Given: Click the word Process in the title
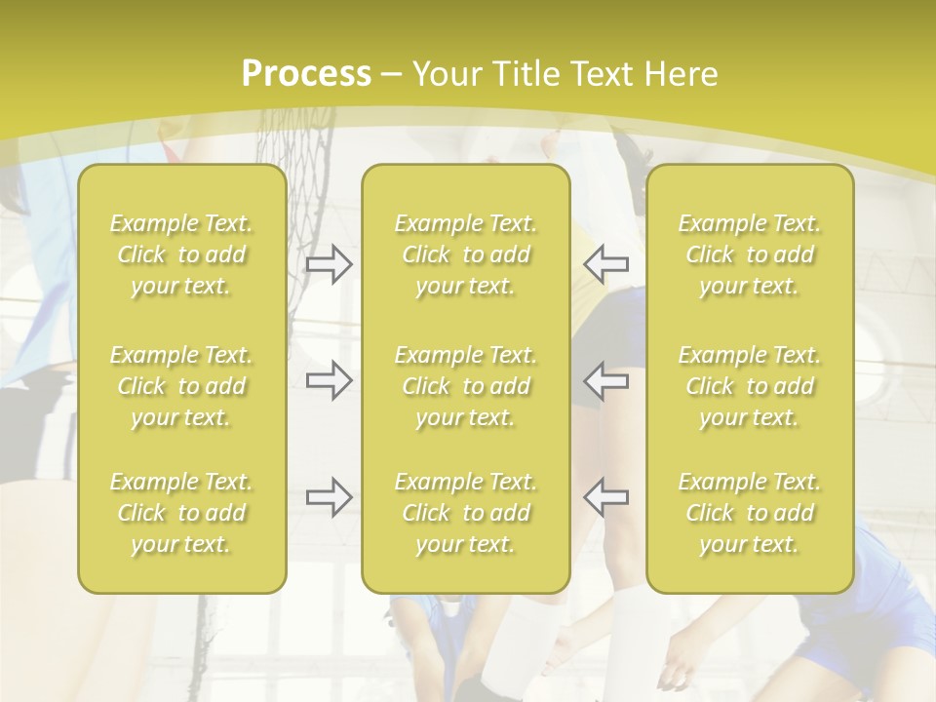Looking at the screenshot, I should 306,74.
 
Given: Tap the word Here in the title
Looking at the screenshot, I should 682,74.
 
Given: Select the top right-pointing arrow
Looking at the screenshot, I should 330,264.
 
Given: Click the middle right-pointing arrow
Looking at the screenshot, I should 330,380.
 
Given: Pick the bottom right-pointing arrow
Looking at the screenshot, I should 330,496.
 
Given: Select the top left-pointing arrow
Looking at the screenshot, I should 605,264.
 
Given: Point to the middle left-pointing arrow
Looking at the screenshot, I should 605,380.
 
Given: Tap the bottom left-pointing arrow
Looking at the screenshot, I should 605,496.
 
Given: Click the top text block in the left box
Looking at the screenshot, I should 181,254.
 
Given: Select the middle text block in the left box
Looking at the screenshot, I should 181,386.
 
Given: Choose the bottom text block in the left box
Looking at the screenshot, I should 181,513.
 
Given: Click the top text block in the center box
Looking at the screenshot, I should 466,254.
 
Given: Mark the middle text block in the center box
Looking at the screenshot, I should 466,386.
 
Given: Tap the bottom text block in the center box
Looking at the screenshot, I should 466,513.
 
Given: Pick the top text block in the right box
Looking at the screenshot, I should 750,254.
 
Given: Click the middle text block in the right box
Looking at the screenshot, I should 750,386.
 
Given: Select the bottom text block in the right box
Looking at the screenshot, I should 750,513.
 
